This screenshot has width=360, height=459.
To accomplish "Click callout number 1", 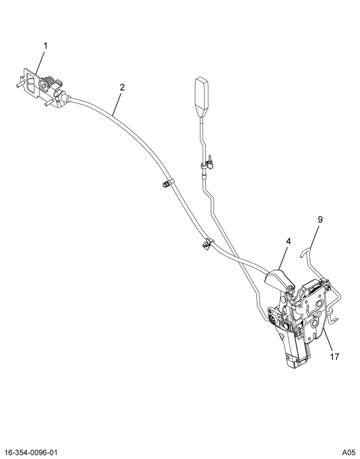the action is coord(45,46).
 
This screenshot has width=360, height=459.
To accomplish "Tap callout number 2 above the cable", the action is coord(122,87).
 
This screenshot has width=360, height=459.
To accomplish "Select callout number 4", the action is coord(288,241).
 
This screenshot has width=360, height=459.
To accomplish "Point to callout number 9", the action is coord(320,219).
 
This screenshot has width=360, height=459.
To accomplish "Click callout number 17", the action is coord(335,357).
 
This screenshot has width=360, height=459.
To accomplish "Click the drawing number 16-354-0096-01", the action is coord(29,452).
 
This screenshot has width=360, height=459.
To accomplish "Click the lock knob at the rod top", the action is coord(202,96).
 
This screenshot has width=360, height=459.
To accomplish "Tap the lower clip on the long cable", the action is coord(207,244).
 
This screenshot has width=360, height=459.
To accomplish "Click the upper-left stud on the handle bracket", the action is coord(19,84).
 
